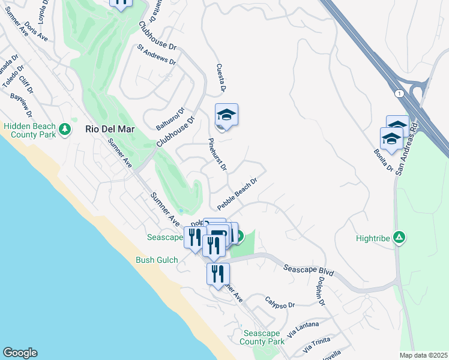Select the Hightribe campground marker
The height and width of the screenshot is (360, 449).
(x=399, y=238)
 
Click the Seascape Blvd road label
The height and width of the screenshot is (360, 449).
(x=308, y=273)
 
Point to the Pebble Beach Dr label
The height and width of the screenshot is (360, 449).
(x=237, y=193)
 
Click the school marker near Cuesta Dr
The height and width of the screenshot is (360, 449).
(x=226, y=115)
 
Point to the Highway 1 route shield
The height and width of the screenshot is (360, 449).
(x=398, y=94)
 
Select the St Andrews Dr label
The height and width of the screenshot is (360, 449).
(x=156, y=55)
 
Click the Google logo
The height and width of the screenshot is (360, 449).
(x=20, y=353)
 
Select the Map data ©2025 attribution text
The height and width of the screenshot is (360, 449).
(x=423, y=355)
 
